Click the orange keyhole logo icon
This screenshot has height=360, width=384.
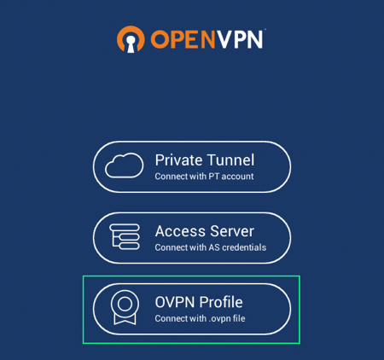point(131,39)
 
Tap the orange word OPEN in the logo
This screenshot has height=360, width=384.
point(183,39)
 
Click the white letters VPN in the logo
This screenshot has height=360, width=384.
point(239,39)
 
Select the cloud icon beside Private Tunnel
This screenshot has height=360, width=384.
point(124,165)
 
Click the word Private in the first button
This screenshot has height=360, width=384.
point(178,160)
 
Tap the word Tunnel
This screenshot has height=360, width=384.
point(230,160)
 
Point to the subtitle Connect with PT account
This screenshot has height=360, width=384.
point(204,177)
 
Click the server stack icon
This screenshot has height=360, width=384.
point(125,236)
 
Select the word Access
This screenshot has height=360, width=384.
point(180,231)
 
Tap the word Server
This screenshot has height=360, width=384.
point(232,231)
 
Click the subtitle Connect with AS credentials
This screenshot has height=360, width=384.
point(211,247)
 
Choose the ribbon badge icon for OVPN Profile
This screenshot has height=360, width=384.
point(125,307)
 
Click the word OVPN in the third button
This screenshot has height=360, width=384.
point(175,302)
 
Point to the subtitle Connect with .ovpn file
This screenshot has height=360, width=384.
point(200,319)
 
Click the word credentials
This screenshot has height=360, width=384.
point(244,247)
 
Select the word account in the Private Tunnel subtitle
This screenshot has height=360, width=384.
point(237,177)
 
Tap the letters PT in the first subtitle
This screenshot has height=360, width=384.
point(214,177)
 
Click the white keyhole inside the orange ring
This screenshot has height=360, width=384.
point(131,44)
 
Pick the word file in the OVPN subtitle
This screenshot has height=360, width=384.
point(239,318)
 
